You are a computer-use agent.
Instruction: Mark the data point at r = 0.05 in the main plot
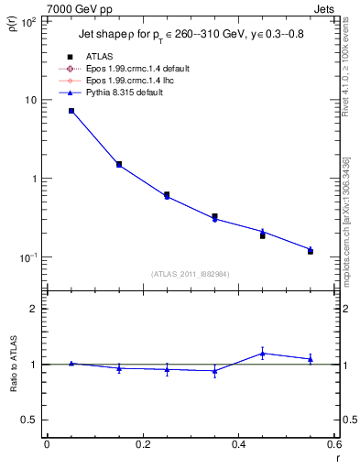coord(71,111)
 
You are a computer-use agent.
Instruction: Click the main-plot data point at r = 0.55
coord(311,250)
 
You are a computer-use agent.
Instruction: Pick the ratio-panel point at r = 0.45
coord(263,353)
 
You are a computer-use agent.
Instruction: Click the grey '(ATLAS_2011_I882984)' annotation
coord(191,273)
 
